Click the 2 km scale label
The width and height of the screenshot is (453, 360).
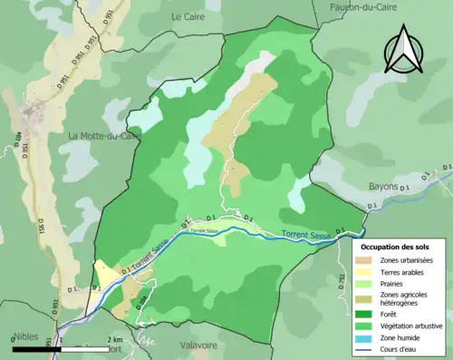coord(113,340)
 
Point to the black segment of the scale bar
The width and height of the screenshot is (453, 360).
coord(36,348)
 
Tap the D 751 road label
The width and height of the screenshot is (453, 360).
coord(342,282)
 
